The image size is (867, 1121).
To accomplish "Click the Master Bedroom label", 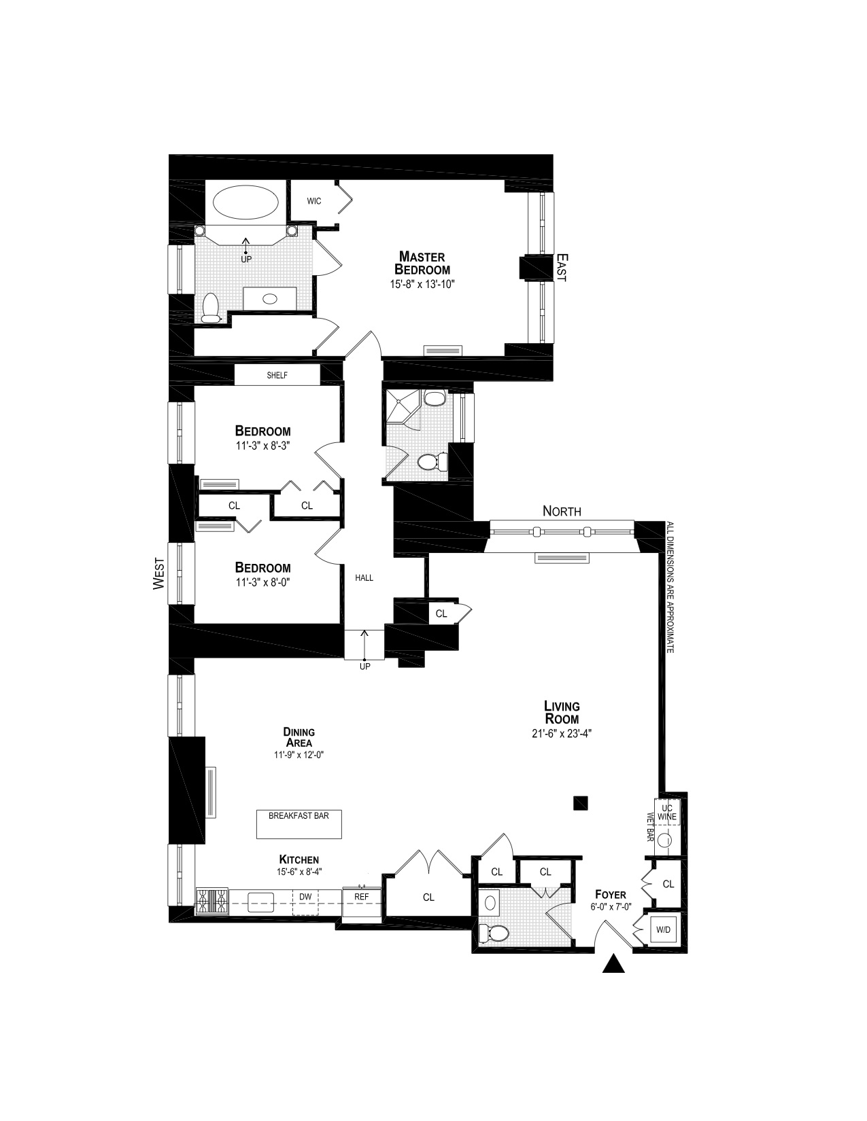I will click(x=422, y=263).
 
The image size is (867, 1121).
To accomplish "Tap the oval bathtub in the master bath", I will click(x=245, y=202).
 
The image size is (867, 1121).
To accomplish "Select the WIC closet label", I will click(x=314, y=201).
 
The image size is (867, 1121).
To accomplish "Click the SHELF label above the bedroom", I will click(x=277, y=375).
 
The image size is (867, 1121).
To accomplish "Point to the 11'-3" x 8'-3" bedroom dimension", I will click(x=262, y=446).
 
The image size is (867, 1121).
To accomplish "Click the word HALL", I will click(x=364, y=578).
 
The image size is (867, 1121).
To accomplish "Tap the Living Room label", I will click(x=562, y=713).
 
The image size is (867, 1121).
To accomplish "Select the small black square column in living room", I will click(x=580, y=804).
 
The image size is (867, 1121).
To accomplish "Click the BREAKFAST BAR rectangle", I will click(x=299, y=824).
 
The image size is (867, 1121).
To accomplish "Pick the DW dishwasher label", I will click(x=305, y=897).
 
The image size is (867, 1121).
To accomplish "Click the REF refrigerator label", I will click(x=362, y=897).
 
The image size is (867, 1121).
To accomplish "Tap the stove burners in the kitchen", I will click(x=212, y=902).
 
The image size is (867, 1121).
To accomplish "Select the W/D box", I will click(x=663, y=930).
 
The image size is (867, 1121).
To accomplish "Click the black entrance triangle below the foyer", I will click(x=614, y=965).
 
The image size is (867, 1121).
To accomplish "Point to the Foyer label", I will click(x=610, y=894).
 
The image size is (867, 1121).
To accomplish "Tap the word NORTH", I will click(x=562, y=511).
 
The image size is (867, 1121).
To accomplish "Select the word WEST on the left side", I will click(x=159, y=572).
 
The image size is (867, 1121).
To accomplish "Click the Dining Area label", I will click(x=299, y=737).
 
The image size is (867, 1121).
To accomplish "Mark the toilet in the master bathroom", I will click(x=210, y=308).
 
